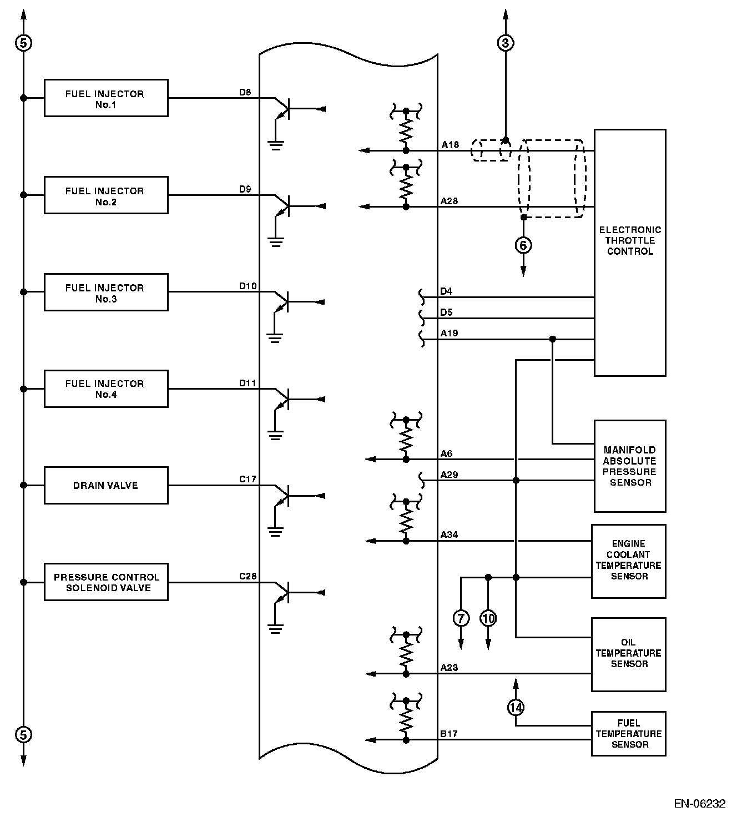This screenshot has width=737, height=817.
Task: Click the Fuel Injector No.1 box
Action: pos(106,98)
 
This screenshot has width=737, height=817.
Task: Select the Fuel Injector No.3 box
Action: pos(106,292)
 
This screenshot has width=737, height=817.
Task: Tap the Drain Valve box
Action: pos(106,486)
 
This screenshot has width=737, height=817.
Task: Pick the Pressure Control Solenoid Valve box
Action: pos(106,582)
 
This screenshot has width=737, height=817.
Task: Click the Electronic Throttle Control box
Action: pos(630,253)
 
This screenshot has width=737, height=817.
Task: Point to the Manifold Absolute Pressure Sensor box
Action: pos(630,466)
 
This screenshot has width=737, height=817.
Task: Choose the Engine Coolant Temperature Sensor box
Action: pos(629,561)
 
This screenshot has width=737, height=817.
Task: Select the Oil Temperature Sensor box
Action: pos(629,654)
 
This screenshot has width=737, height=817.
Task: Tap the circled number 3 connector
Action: pos(505,43)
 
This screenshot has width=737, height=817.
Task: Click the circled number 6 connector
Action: pos(523,245)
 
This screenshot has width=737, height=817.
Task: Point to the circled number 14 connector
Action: pos(516,707)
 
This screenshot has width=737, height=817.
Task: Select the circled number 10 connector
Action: pos(488,618)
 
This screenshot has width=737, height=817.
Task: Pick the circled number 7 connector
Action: pos(461,618)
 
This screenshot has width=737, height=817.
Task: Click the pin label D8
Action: pos(245,92)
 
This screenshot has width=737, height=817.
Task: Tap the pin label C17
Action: pos(248,479)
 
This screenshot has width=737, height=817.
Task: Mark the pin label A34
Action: pos(449,535)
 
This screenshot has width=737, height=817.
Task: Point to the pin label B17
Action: pos(449,734)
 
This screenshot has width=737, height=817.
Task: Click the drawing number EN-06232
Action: pos(700,803)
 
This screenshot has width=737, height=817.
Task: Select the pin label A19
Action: pos(449,334)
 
